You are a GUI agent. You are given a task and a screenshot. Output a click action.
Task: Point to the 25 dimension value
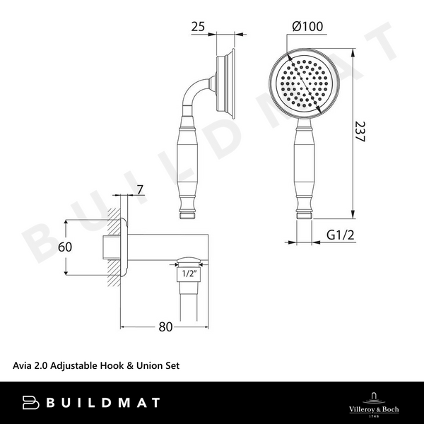199,27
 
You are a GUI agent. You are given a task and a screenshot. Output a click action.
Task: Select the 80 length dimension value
165,327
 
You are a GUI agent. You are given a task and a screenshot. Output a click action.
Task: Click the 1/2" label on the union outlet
189,273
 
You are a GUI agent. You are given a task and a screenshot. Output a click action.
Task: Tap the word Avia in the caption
23,366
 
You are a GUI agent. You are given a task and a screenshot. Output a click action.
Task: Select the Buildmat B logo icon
32,402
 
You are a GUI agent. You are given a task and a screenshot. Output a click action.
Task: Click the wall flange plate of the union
124,247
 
